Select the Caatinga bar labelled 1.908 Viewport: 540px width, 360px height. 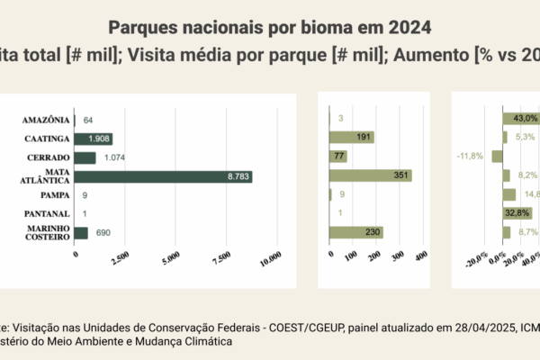[x=93, y=139]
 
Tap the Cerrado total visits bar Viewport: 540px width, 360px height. [x=85, y=157]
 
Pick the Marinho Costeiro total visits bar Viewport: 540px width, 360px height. [x=81, y=233]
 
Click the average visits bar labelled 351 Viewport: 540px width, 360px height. [x=370, y=176]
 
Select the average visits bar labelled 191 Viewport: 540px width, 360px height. [x=351, y=138]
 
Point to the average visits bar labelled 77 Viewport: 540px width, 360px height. [x=339, y=157]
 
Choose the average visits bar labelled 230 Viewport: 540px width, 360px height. [x=355, y=232]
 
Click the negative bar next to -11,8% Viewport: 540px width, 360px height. [x=497, y=157]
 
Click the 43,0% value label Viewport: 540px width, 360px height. [x=525, y=118]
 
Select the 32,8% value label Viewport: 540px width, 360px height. [x=517, y=213]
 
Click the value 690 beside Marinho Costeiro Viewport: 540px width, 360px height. [x=103, y=233]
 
